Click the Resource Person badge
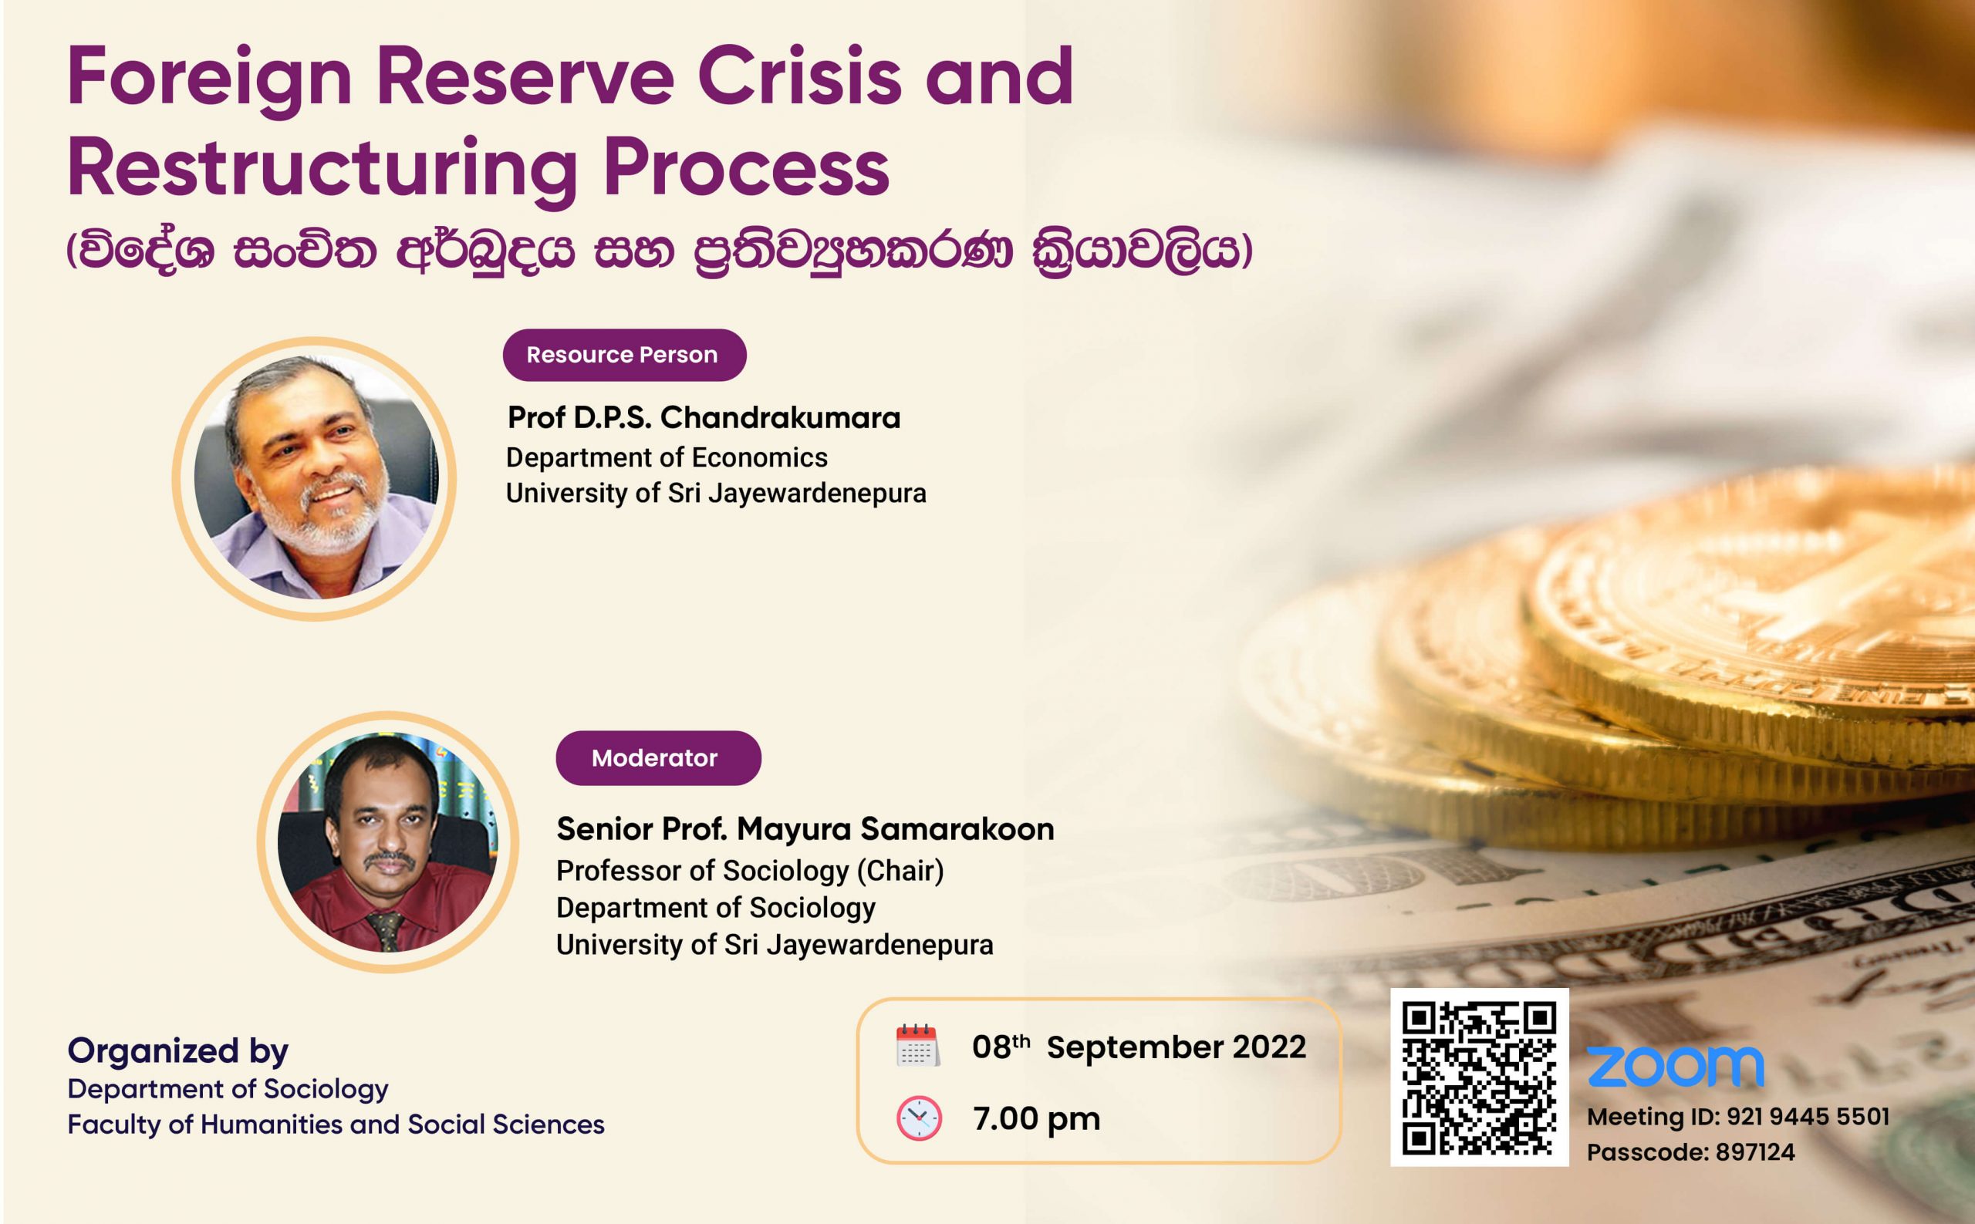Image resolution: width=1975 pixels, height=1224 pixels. click(x=624, y=355)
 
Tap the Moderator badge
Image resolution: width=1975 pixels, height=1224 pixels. click(x=657, y=757)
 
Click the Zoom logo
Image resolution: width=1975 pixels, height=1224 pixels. click(x=1675, y=1067)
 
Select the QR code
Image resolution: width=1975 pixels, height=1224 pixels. click(x=1480, y=1077)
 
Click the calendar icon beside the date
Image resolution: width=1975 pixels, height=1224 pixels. click(x=917, y=1046)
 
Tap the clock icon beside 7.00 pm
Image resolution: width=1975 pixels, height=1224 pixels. click(x=918, y=1119)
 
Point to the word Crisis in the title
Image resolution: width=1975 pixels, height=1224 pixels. click(x=800, y=78)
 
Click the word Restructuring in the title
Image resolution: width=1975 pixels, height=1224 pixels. click(x=322, y=170)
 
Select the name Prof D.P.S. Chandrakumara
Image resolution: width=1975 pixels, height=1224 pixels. click(x=704, y=418)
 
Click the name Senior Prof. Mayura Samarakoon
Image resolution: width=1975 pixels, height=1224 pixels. click(x=805, y=829)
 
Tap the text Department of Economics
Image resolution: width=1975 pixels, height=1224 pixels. click(x=667, y=457)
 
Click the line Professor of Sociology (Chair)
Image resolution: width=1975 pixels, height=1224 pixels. click(x=750, y=871)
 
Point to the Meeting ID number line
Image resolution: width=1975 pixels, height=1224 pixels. click(x=1737, y=1117)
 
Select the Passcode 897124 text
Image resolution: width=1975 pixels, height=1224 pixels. click(x=1691, y=1152)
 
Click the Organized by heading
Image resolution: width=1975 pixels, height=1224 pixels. click(x=178, y=1051)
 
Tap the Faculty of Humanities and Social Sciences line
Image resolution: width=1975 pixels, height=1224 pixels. click(x=336, y=1125)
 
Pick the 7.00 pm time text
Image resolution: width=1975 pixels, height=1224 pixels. click(x=1037, y=1119)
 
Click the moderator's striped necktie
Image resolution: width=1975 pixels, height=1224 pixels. click(x=387, y=932)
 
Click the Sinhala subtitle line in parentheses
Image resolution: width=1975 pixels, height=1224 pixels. click(x=659, y=251)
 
